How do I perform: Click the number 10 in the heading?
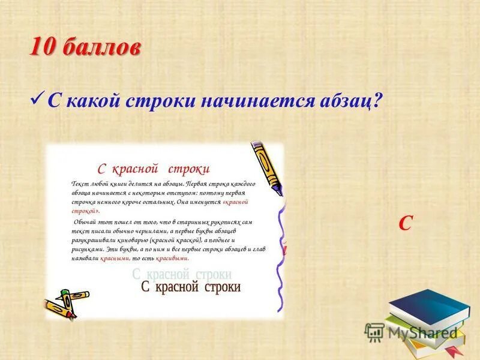click(43, 47)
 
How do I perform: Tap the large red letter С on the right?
click(406, 223)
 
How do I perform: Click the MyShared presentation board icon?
click(374, 332)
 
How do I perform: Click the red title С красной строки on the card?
click(154, 169)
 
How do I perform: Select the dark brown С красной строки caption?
click(190, 287)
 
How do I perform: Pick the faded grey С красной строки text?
click(181, 274)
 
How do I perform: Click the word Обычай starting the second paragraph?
click(83, 221)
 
